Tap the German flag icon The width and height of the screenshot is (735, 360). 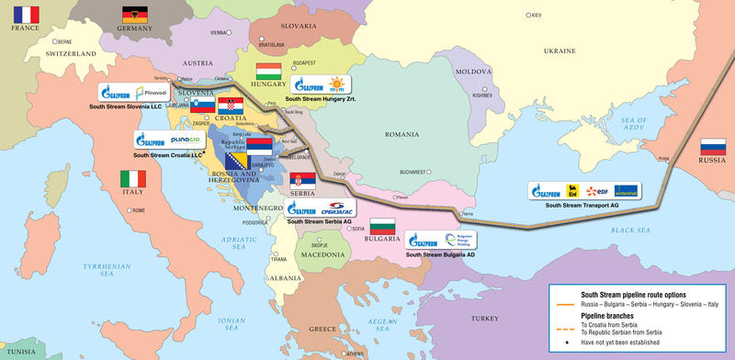134,15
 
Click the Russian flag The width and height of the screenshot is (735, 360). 712,147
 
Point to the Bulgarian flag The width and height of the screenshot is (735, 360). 381,226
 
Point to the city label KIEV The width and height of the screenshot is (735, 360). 537,16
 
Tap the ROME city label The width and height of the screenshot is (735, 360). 138,210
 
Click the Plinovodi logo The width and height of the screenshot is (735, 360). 151,93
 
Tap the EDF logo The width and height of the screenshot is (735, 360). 598,191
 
